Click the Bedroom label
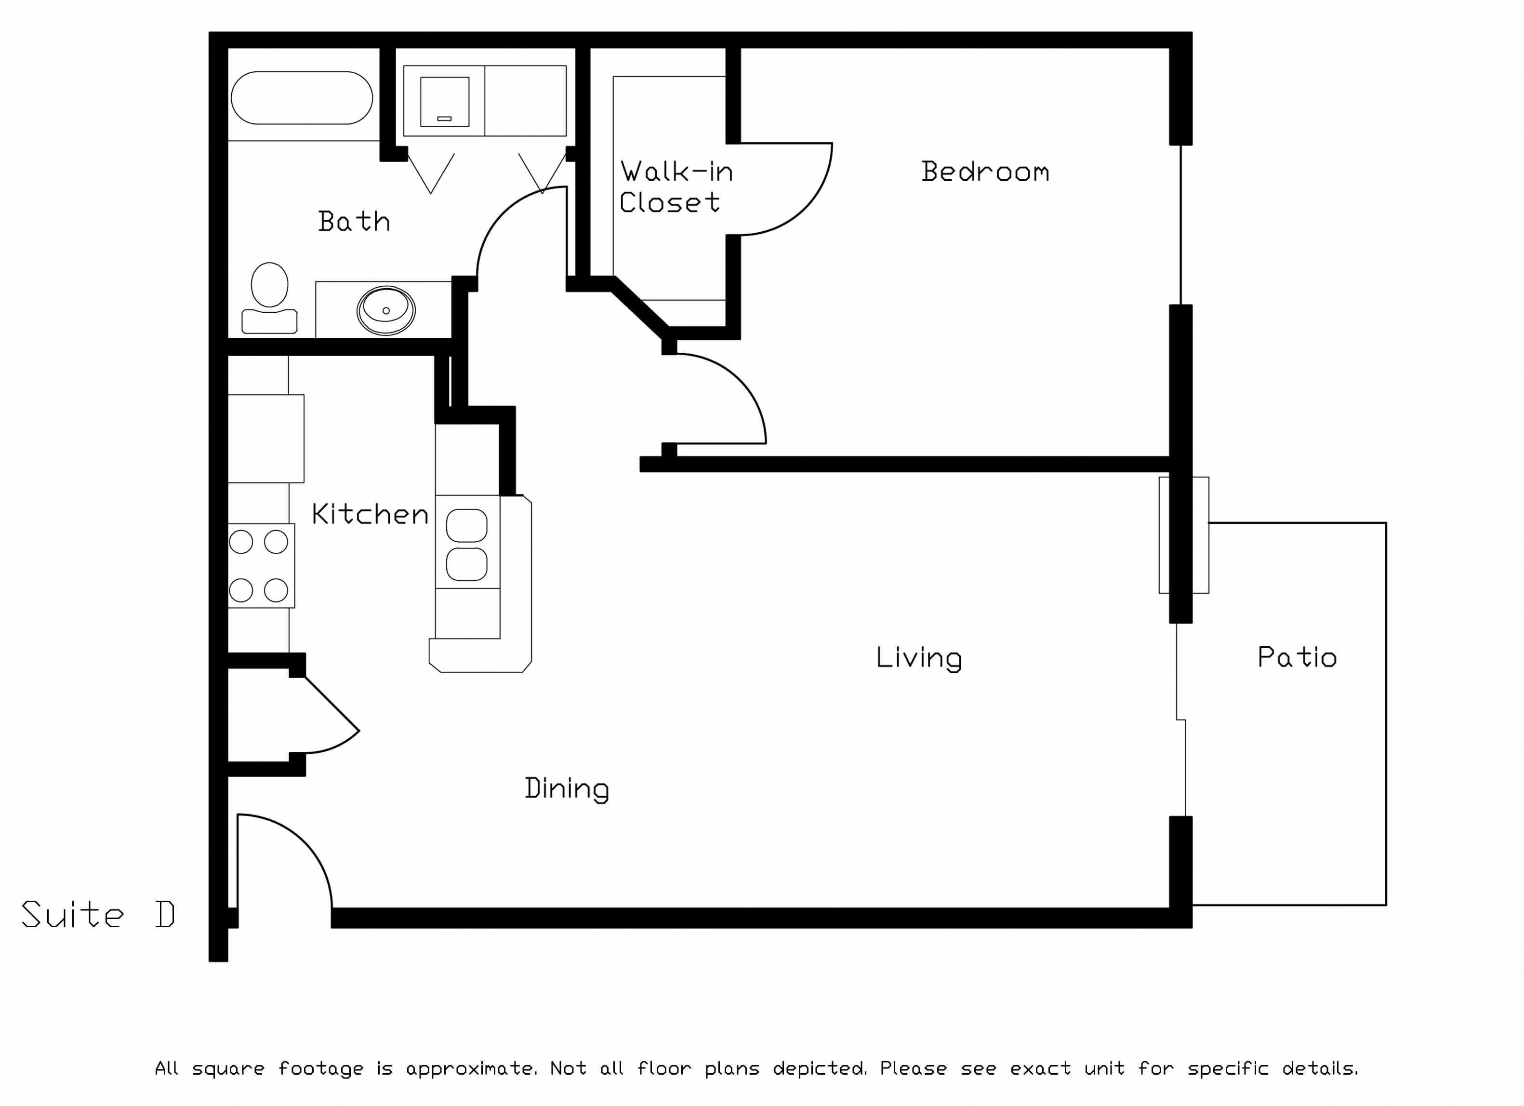(985, 172)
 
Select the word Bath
(354, 222)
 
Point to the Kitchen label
(370, 514)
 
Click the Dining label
(567, 789)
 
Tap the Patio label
(1297, 657)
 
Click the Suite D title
(98, 915)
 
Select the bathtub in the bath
(302, 98)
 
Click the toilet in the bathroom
(269, 298)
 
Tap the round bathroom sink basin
(386, 310)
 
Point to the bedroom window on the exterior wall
(1180, 225)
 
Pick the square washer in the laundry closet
(445, 102)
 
